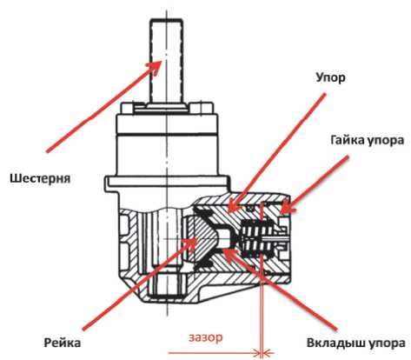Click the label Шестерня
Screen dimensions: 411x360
coord(40,178)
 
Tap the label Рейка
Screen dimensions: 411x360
coord(63,343)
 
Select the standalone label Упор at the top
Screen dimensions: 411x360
coord(331,78)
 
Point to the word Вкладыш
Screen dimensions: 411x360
coord(334,343)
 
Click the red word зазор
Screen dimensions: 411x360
coord(206,337)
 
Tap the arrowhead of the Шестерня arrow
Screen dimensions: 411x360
coord(155,67)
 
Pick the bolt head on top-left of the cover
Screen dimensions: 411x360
coord(127,108)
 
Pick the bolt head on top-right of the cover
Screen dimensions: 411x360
coord(205,108)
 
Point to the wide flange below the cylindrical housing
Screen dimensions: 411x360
coord(168,183)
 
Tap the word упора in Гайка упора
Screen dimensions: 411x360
coord(386,141)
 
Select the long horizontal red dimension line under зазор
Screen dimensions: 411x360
coord(215,353)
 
